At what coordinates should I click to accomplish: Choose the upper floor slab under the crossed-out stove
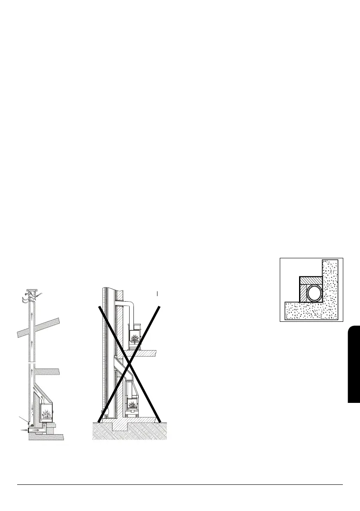pos(142,353)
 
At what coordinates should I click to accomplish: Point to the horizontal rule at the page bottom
pos(180,485)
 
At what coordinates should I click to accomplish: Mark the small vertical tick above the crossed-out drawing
pos(158,293)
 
